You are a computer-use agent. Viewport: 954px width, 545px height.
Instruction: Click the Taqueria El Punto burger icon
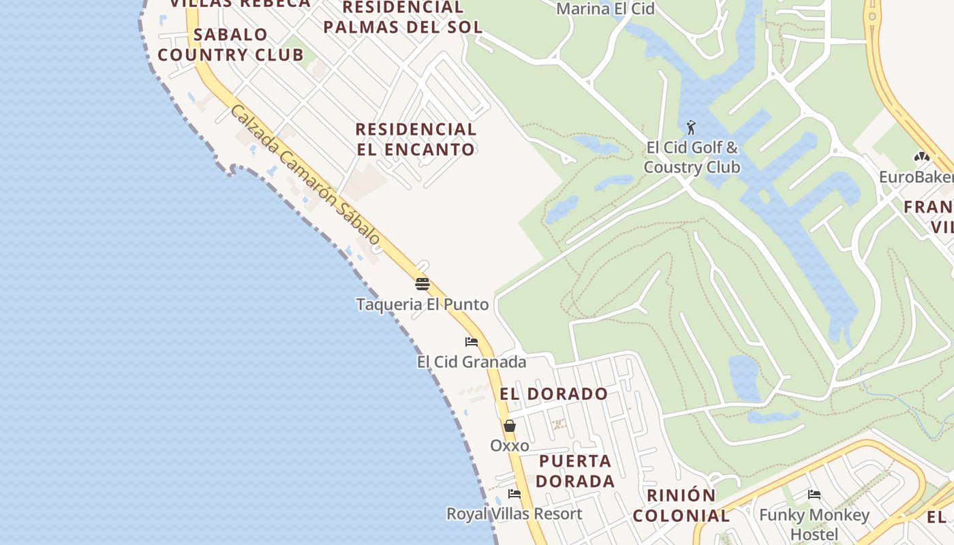(x=422, y=284)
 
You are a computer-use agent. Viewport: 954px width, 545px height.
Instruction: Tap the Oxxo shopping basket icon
(x=509, y=426)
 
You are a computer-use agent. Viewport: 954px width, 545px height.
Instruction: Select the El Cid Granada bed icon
(x=471, y=341)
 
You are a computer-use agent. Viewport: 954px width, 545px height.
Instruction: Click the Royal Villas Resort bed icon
(x=514, y=493)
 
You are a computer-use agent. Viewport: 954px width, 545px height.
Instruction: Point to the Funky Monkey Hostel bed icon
(x=814, y=495)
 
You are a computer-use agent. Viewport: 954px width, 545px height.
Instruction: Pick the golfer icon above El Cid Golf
(x=691, y=127)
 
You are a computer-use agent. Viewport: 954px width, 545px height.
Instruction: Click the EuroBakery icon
(x=922, y=157)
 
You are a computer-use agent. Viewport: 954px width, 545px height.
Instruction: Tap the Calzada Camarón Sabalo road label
(x=305, y=175)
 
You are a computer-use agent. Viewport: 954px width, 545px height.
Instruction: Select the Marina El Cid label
(x=605, y=9)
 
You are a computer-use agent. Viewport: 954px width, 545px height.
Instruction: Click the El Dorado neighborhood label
(x=553, y=394)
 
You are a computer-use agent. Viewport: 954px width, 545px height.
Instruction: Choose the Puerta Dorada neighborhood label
(x=574, y=471)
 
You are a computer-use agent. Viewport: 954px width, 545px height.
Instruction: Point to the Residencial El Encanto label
(x=415, y=139)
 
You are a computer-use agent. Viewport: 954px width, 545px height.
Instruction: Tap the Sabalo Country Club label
(x=231, y=45)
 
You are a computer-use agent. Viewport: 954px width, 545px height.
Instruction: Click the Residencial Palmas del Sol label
(x=403, y=18)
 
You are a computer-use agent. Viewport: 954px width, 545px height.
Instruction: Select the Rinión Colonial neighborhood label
(x=681, y=505)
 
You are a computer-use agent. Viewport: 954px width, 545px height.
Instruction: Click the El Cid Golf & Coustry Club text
(x=692, y=157)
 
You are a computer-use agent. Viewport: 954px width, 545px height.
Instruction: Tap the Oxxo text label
(x=510, y=446)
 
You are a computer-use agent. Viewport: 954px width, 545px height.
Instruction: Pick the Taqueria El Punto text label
(x=422, y=305)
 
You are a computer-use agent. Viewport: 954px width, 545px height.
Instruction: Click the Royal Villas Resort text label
(x=514, y=514)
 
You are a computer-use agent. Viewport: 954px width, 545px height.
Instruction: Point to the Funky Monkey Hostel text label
(x=814, y=525)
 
